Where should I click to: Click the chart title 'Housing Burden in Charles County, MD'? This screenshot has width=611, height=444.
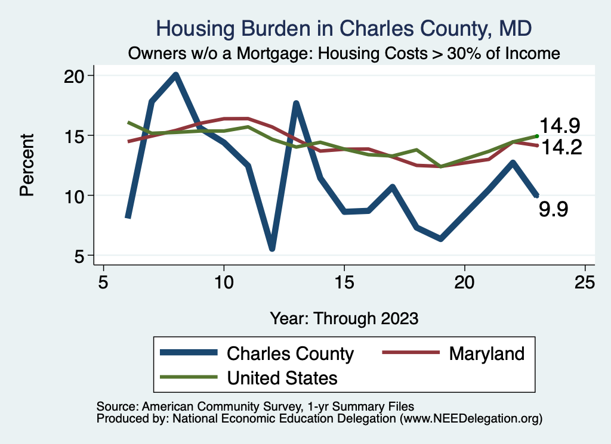pyautogui.click(x=343, y=28)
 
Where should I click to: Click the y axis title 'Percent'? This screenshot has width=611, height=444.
pyautogui.click(x=27, y=165)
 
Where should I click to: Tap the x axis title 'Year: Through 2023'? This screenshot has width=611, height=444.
pyautogui.click(x=344, y=318)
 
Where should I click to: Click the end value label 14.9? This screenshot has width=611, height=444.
pyautogui.click(x=560, y=126)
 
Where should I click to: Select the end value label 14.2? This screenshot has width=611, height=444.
pyautogui.click(x=560, y=147)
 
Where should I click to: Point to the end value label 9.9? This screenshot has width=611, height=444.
pyautogui.click(x=553, y=209)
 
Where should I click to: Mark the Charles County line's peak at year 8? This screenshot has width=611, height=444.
pyautogui.click(x=175, y=76)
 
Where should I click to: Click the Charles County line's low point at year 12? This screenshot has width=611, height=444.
pyautogui.click(x=272, y=247)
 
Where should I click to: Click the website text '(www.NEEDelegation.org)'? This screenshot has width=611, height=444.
pyautogui.click(x=471, y=418)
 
